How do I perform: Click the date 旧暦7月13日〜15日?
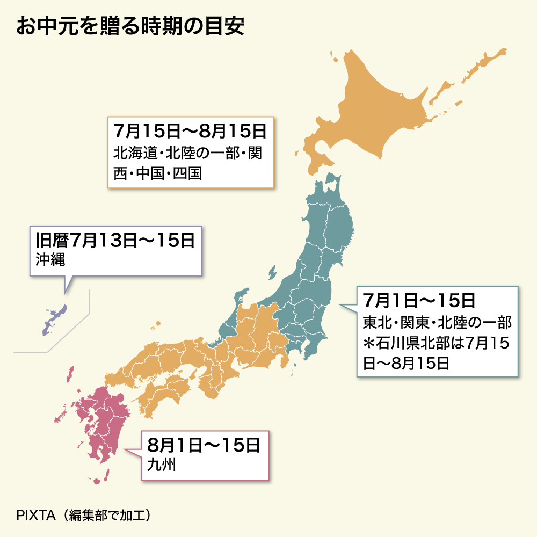coord(115,241)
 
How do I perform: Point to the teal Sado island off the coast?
coord(242,296)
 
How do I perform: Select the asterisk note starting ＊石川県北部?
coord(436,344)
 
